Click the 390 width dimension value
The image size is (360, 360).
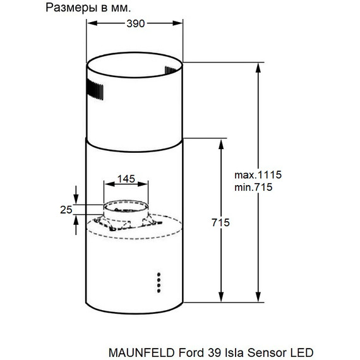(x=135, y=23)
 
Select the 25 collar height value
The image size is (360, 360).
(x=64, y=210)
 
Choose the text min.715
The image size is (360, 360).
(x=253, y=188)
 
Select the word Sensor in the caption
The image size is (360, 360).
(x=260, y=351)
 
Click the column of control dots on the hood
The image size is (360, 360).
(x=159, y=282)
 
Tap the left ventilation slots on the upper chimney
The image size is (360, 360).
(x=95, y=90)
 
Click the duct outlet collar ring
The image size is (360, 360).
(x=127, y=207)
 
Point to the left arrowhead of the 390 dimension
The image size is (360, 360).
(x=90, y=24)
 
